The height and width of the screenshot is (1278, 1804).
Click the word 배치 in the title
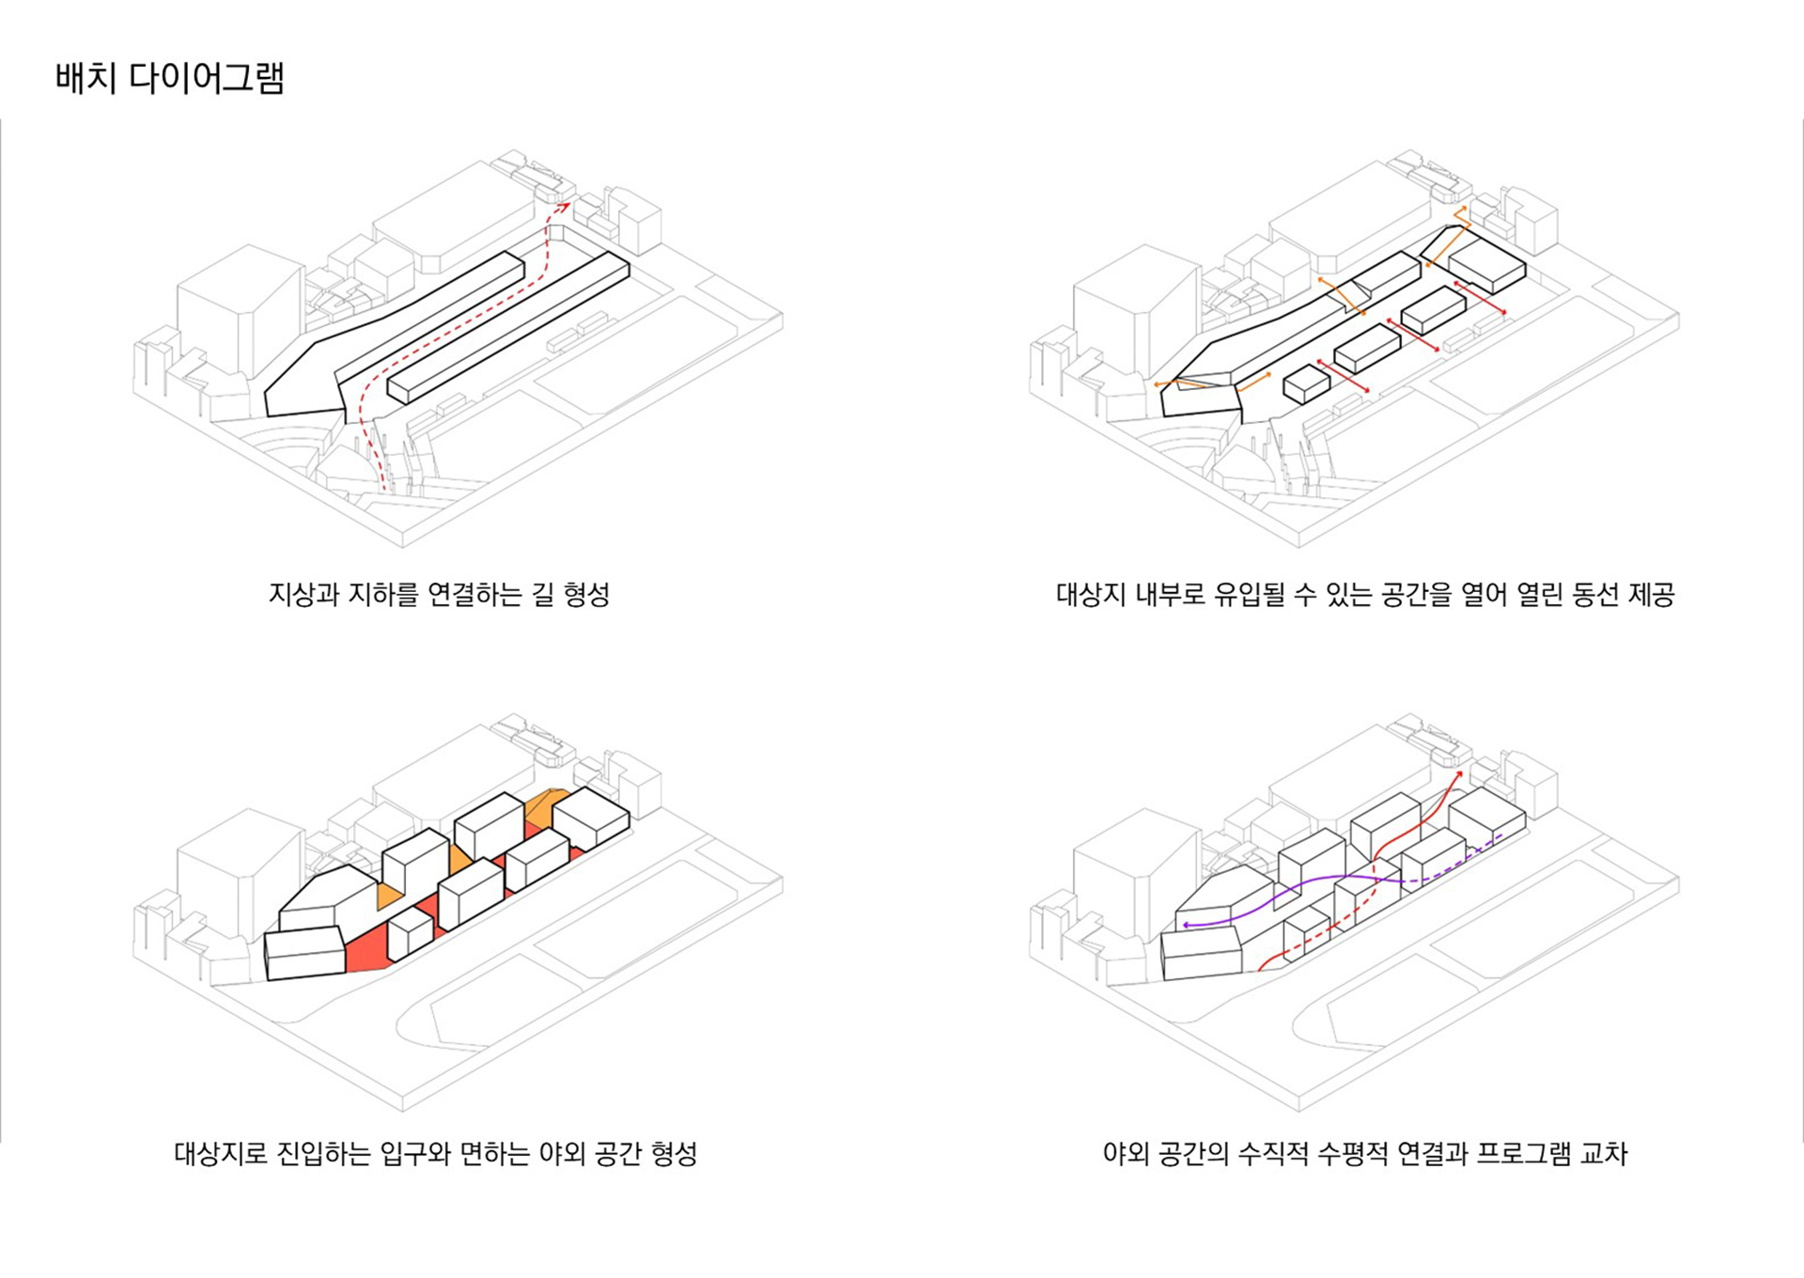pos(86,78)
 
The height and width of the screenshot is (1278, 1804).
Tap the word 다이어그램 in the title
pos(207,78)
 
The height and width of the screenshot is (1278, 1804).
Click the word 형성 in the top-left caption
pos(586,595)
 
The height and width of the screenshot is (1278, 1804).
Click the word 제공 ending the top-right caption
pos(1651,595)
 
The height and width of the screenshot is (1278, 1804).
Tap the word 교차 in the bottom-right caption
pos(1603,1154)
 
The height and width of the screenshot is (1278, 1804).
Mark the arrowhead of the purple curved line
pos(1186,926)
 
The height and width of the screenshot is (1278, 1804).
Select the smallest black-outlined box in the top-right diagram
pos(1307,384)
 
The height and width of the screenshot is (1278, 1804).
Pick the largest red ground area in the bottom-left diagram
pos(368,949)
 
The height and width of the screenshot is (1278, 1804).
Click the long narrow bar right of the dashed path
pos(507,328)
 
